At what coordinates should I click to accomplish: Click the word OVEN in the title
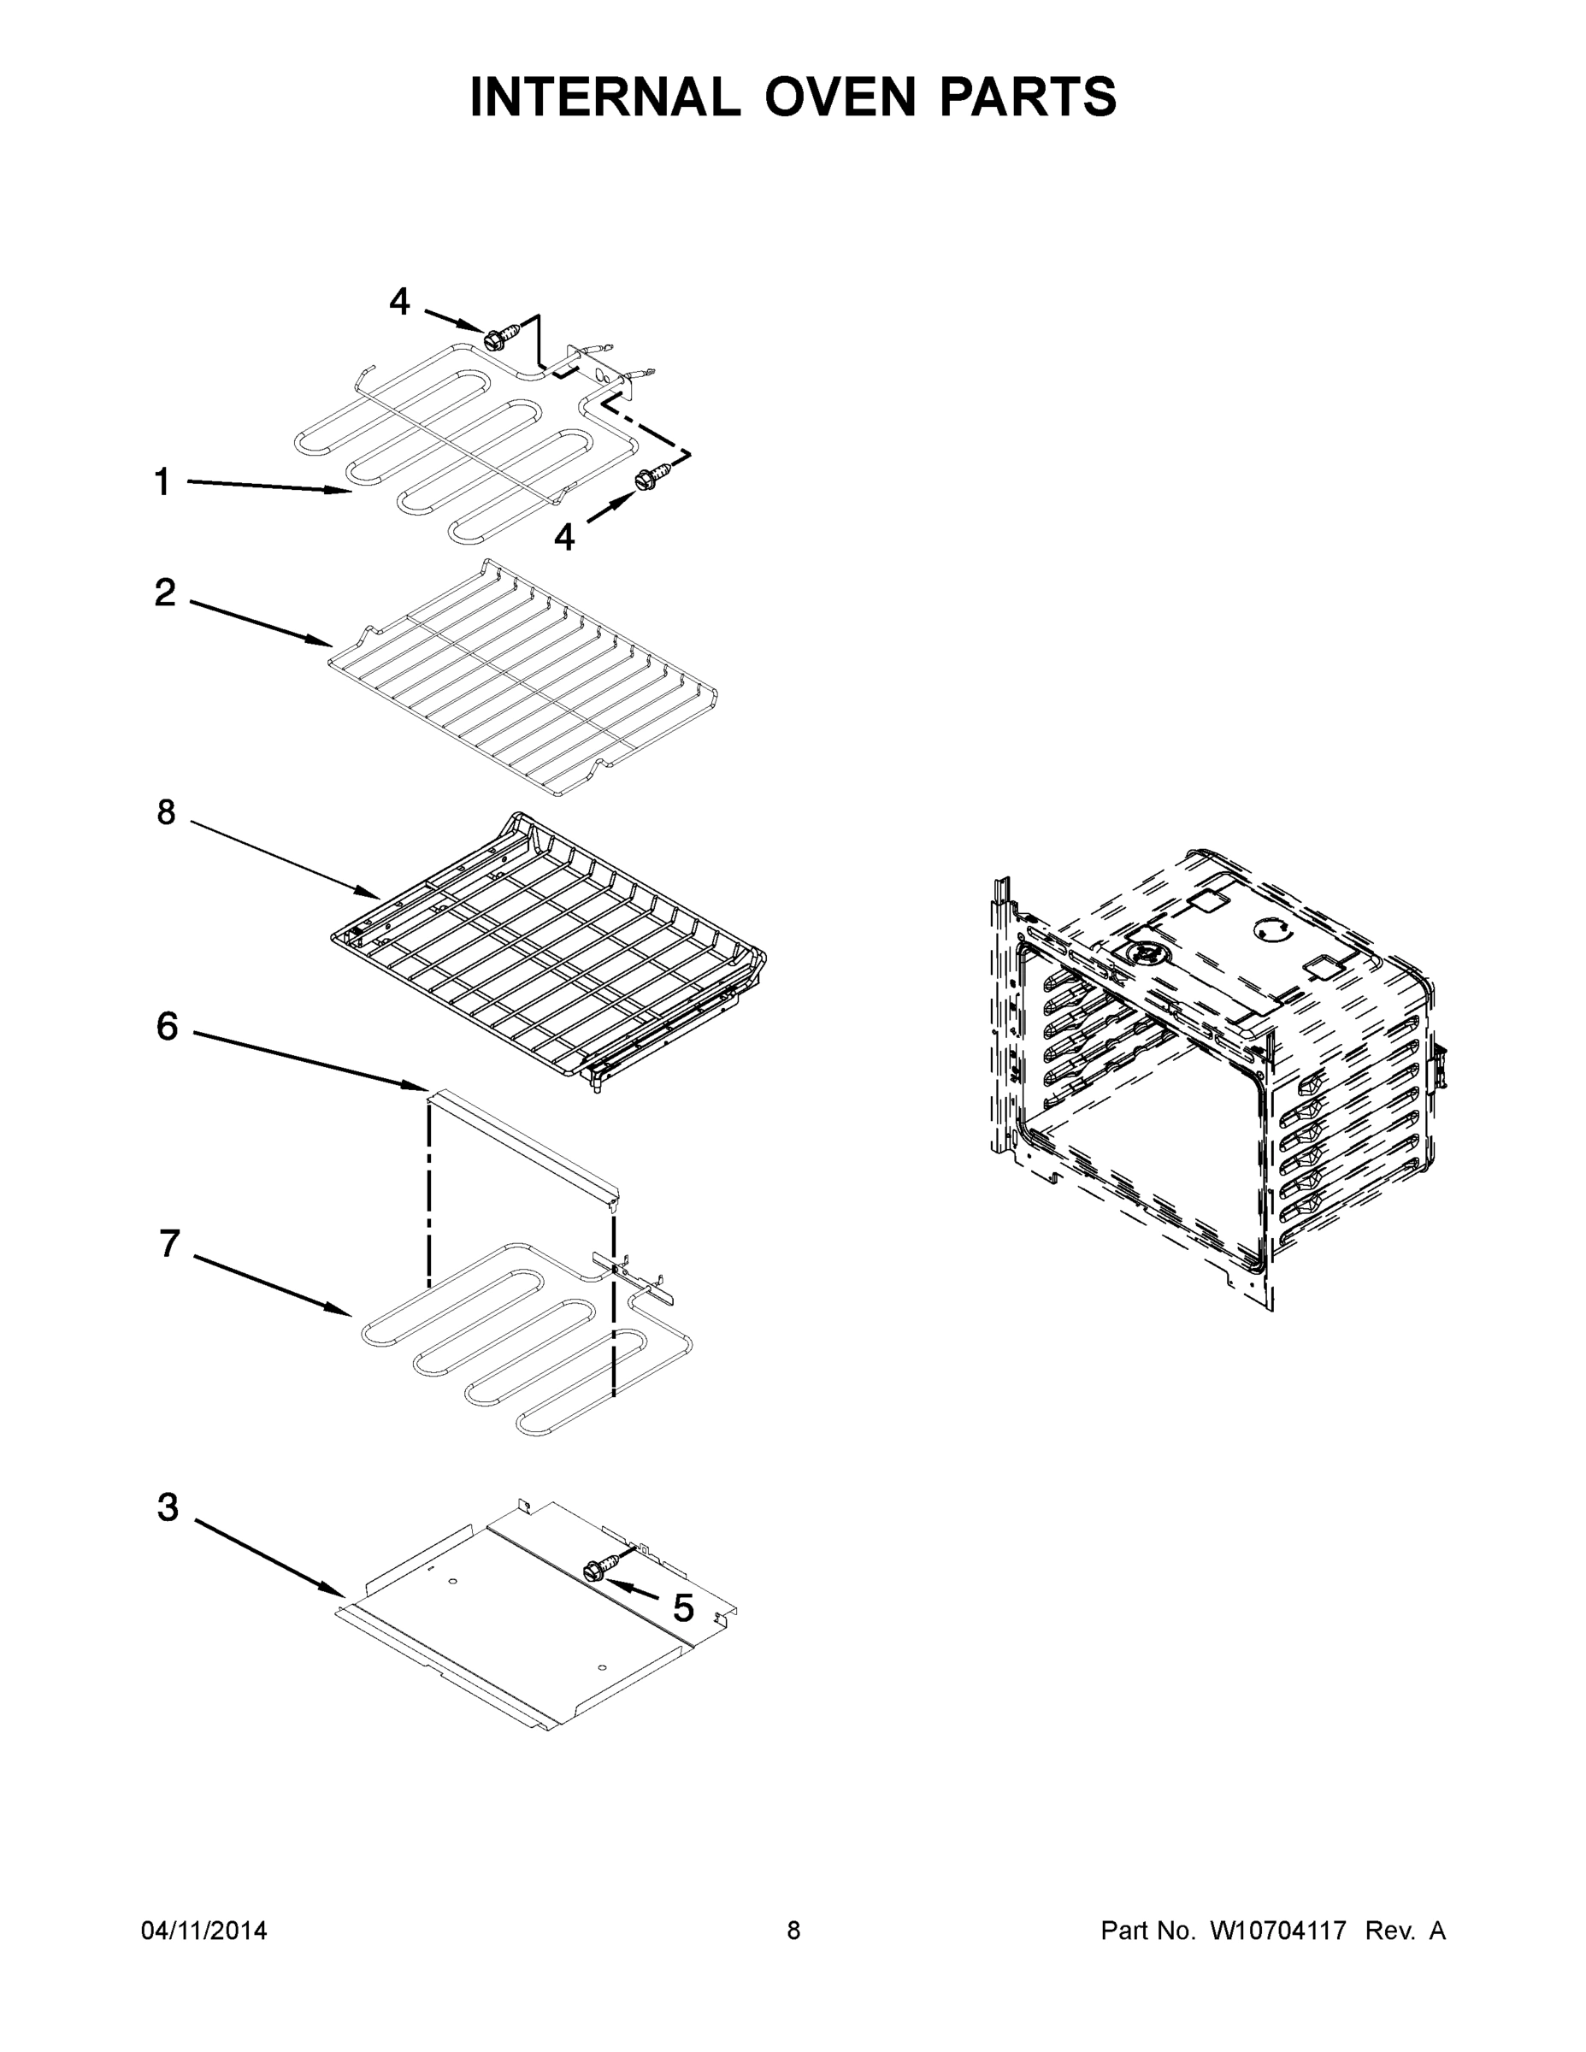839,97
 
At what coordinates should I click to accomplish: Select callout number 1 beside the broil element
162,482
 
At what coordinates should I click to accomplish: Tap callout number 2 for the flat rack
164,593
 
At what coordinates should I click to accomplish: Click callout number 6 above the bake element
167,1027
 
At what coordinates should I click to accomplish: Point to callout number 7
168,1244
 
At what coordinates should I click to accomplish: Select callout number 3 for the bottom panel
168,1508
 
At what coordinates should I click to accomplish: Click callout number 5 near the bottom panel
682,1609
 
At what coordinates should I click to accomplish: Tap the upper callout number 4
399,303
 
